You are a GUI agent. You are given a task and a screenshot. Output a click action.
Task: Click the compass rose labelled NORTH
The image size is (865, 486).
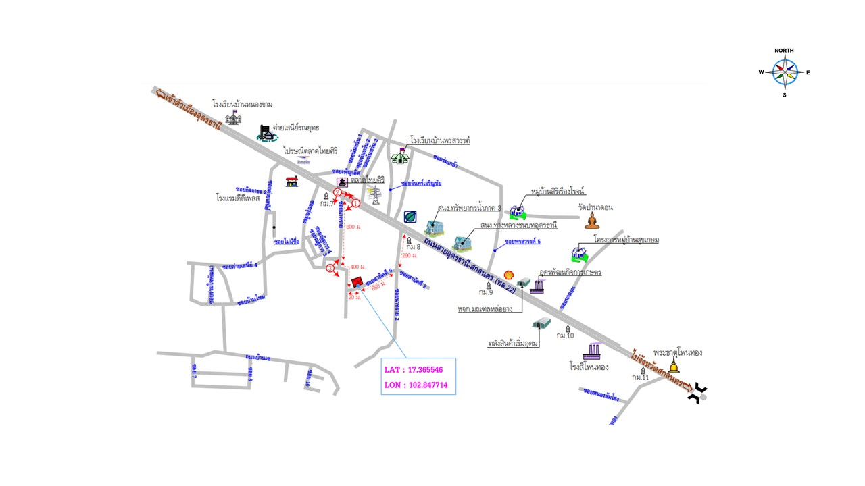point(785,72)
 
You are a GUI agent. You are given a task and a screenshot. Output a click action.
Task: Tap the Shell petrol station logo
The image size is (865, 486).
point(509,276)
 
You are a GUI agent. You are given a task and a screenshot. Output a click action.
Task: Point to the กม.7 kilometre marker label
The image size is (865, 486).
point(327,202)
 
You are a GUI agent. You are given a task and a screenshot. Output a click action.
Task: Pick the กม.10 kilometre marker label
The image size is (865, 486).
point(565,335)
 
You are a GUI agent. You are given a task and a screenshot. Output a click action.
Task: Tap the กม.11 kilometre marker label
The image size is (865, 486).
point(640,377)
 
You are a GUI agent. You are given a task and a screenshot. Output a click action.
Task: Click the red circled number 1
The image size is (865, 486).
point(355,203)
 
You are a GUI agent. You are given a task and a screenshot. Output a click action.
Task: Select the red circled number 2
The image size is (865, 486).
point(337,192)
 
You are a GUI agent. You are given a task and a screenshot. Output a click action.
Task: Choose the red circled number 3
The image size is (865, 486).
point(330,269)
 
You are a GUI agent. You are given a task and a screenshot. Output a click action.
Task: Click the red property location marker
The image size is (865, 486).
point(357,282)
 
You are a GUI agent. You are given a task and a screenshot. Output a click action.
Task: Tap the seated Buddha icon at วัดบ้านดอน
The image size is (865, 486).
point(592,221)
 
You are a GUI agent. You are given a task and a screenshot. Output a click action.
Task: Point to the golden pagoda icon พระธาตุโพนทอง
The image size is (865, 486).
point(674,365)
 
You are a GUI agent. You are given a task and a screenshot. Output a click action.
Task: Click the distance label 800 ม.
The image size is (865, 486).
point(352,227)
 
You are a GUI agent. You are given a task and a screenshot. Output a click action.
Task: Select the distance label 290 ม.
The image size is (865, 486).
point(410,256)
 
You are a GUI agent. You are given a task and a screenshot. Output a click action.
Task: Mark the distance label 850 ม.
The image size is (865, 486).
point(380,286)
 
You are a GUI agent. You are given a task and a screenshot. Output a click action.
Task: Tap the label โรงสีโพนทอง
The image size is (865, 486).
point(589,367)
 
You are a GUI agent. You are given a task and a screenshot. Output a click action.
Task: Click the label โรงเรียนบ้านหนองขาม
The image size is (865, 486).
point(243,105)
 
